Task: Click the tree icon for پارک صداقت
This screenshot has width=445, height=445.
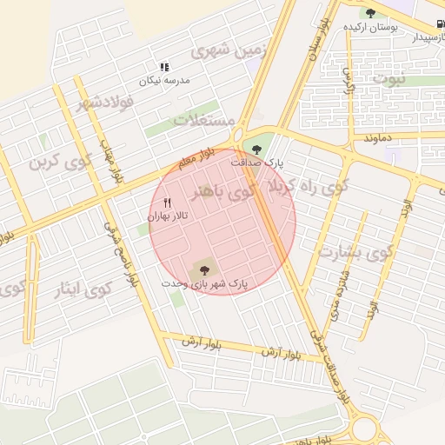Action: (x=256, y=149)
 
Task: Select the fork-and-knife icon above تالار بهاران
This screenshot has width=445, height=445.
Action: (x=168, y=203)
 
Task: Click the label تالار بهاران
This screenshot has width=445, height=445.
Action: (x=168, y=215)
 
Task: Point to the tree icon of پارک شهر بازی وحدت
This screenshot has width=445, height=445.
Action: (x=205, y=269)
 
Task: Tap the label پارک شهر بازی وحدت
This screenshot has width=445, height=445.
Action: (x=205, y=284)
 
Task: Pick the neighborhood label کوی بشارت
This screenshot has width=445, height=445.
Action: (x=356, y=252)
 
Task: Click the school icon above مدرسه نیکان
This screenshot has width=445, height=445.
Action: (x=163, y=66)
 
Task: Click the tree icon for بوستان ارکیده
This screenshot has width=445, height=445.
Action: (x=371, y=13)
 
